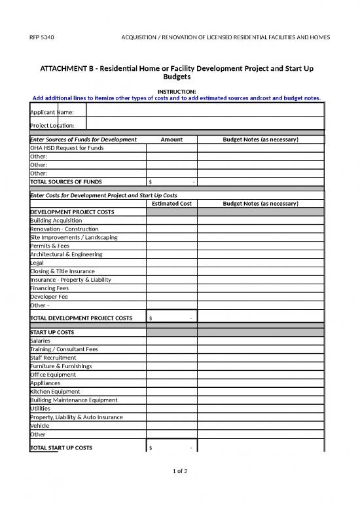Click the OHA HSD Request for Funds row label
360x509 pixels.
click(67, 148)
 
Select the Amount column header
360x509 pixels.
click(171, 140)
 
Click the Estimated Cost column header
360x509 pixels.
click(171, 204)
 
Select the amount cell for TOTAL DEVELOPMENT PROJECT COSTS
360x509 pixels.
click(171, 318)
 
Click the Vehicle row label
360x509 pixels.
click(41, 425)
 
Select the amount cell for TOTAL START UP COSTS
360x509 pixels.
click(171, 447)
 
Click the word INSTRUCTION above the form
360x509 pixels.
click(177, 92)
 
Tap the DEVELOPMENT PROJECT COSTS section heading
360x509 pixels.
click(72, 212)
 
